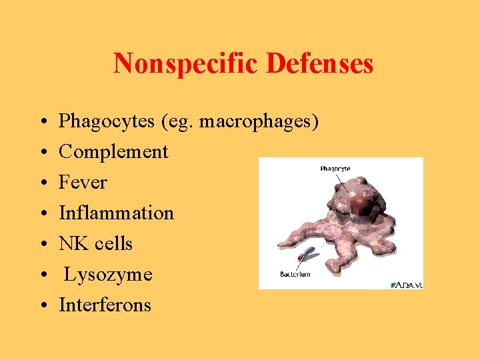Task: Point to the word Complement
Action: coord(113,152)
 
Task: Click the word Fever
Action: coord(83,183)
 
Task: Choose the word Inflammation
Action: coord(116,213)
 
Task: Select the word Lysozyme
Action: coord(108,275)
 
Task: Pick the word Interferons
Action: coord(105,305)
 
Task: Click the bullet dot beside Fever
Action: coord(43,183)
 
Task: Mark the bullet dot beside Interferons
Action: coord(43,306)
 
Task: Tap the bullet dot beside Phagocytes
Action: coord(43,122)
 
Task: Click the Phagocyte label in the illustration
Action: coord(335,169)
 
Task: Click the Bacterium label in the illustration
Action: coord(295,274)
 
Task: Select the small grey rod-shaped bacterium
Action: coord(308,254)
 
